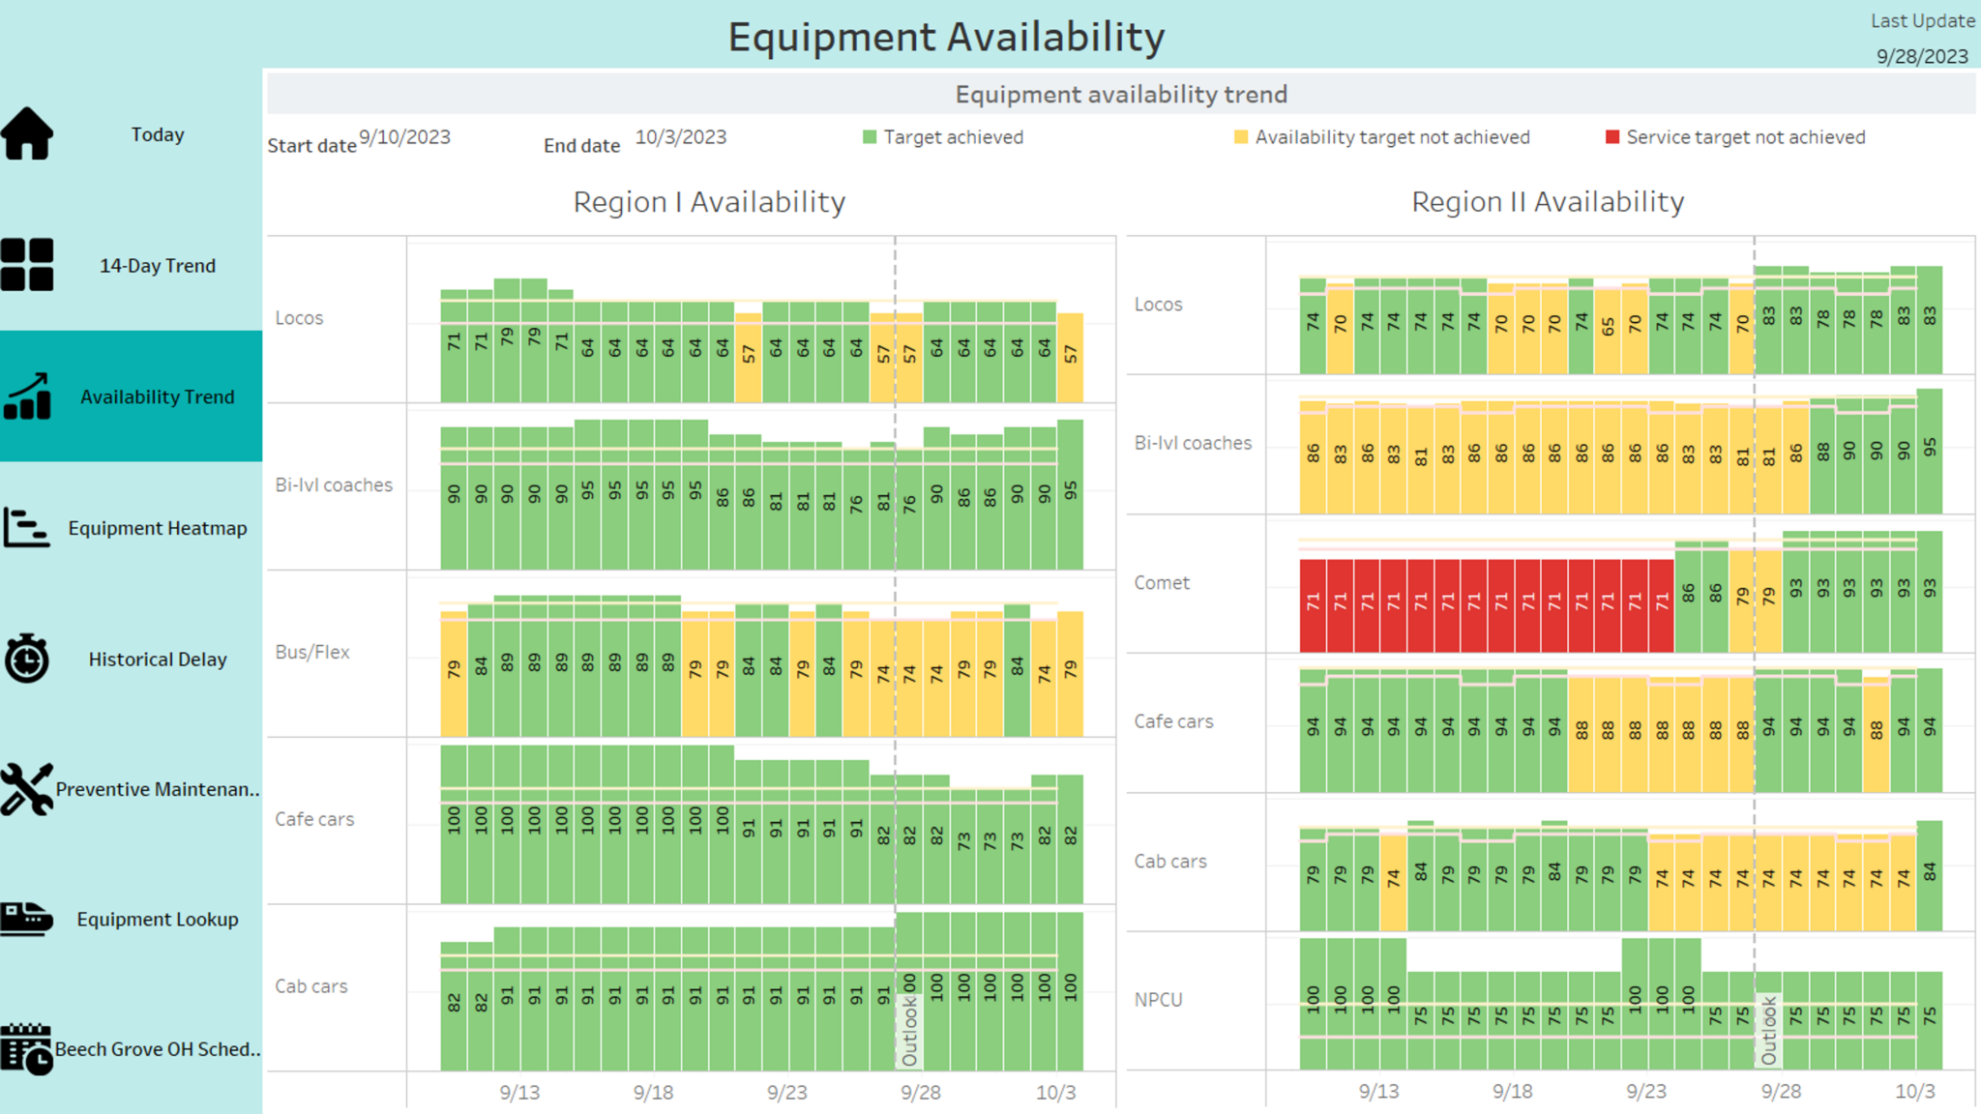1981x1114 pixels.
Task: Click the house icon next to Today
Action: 27,133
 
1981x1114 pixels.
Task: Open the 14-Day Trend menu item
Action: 157,266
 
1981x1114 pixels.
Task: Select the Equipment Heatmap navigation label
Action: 157,528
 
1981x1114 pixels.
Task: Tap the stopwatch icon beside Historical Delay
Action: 27,659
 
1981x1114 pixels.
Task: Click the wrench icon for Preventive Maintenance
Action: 26,789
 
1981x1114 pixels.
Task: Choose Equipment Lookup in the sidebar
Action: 157,920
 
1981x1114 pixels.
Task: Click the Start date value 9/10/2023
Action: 404,137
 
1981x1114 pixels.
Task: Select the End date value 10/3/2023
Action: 680,137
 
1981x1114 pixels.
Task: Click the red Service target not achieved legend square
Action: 1612,137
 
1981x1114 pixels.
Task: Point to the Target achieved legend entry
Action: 952,137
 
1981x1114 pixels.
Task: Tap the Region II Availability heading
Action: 1548,202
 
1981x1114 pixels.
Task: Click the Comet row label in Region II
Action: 1162,583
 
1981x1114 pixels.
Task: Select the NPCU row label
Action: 1158,1000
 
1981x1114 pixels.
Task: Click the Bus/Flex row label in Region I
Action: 311,652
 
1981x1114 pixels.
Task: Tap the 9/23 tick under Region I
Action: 786,1093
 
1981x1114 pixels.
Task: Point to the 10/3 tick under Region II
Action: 1914,1092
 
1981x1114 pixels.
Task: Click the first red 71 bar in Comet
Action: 1313,604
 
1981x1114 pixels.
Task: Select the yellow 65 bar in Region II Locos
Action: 1608,329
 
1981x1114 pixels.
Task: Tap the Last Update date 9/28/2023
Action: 1922,57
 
